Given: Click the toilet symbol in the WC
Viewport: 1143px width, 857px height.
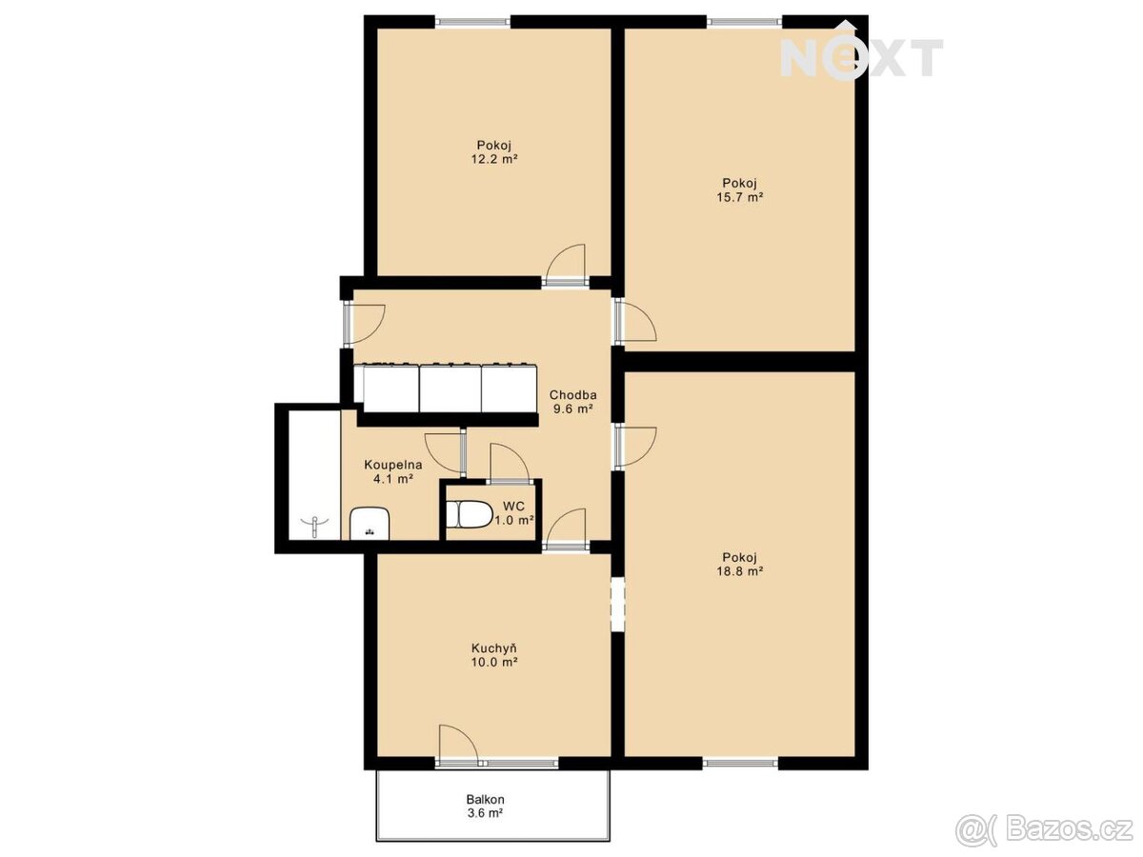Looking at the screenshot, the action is pos(470,514).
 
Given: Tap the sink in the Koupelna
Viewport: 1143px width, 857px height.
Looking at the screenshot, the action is pos(370,524).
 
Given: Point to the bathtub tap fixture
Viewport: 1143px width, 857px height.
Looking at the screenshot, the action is pos(315,526).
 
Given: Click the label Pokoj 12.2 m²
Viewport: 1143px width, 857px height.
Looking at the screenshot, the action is pos(493,152).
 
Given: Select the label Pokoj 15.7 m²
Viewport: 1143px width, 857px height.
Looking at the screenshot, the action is pos(740,189).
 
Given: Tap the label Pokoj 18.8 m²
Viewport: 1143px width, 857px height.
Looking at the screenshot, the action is pos(740,565).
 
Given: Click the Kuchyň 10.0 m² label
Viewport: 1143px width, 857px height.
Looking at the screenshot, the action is pos(493,655).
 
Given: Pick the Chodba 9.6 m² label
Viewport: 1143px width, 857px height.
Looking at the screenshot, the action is pos(572,401).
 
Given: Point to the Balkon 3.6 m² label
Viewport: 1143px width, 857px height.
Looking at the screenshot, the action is pos(485,806).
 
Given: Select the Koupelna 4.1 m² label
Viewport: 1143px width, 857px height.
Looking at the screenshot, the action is pos(393,471).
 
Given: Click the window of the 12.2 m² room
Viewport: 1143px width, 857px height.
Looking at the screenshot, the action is pos(472,22).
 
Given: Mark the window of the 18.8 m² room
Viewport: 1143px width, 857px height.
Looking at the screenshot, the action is pos(740,764).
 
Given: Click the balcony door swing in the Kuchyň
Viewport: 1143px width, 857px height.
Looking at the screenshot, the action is pos(458,742).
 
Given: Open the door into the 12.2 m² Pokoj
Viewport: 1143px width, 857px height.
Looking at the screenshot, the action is pos(566,266).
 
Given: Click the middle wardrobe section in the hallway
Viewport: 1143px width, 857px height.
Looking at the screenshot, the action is pos(450,389).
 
